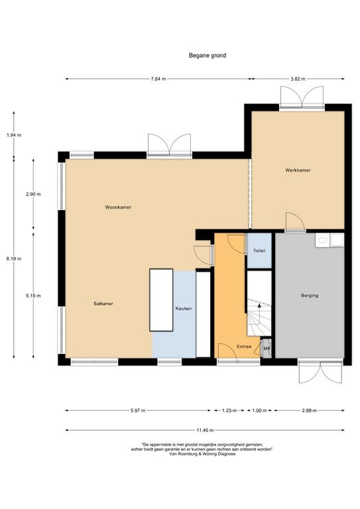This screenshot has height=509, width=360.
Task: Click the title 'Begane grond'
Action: (x=208, y=56)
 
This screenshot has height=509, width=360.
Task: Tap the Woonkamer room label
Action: (x=118, y=207)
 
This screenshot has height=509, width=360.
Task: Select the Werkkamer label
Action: (x=298, y=170)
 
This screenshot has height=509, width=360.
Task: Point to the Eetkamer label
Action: (x=103, y=304)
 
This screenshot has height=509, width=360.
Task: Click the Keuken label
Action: (x=184, y=309)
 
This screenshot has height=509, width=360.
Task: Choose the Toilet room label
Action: (x=259, y=251)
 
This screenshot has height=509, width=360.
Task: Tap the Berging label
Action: (x=310, y=296)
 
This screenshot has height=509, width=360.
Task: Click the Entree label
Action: (x=244, y=347)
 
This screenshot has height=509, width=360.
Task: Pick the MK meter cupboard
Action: (x=267, y=349)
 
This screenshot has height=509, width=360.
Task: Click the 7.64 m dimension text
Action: (x=158, y=79)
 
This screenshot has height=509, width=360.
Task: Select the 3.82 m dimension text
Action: (x=298, y=79)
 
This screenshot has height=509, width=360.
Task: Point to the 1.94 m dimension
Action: (x=14, y=135)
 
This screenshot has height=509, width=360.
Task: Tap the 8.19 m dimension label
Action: (x=14, y=258)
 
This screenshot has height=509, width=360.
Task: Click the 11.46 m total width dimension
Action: (x=205, y=430)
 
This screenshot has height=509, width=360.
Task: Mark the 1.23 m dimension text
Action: (x=229, y=411)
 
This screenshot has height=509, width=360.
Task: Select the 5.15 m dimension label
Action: (x=33, y=296)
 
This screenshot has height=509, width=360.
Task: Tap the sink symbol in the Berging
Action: (x=322, y=240)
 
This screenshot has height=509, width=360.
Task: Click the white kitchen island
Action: (x=161, y=300)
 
